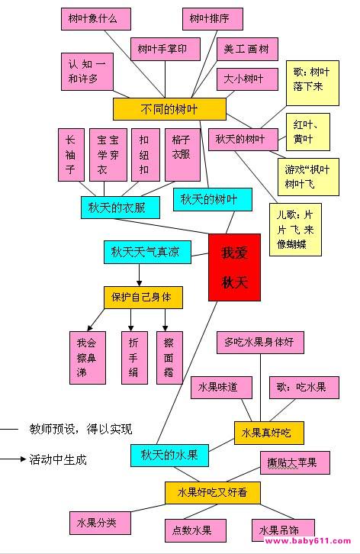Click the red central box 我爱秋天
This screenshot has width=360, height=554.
[x=234, y=267]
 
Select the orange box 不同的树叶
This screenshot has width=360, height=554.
[x=169, y=109]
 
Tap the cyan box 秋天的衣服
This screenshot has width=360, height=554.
[x=120, y=208]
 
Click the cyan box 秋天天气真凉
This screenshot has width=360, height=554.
[x=147, y=252]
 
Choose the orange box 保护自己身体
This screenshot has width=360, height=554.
[x=143, y=298]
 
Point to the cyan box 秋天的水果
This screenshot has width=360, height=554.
[x=169, y=455]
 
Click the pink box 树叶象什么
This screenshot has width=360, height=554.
[x=96, y=19]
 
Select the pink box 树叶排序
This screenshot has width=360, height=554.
[x=213, y=19]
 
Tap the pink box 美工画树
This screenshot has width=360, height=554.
[x=247, y=49]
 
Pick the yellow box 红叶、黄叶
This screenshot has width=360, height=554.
[x=307, y=132]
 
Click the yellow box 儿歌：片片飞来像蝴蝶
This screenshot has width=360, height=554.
[x=295, y=230]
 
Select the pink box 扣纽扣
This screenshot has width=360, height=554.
[x=146, y=155]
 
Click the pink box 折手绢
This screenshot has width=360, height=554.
[x=134, y=358]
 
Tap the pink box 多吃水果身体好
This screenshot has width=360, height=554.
[x=260, y=343]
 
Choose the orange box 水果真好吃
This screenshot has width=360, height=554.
[x=268, y=433]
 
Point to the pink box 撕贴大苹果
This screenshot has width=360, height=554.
[x=295, y=462]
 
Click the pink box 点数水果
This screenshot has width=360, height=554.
[x=195, y=530]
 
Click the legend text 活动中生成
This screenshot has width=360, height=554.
[x=58, y=459]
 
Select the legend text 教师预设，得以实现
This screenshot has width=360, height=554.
[x=81, y=430]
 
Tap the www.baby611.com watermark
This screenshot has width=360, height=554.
[x=307, y=541]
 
